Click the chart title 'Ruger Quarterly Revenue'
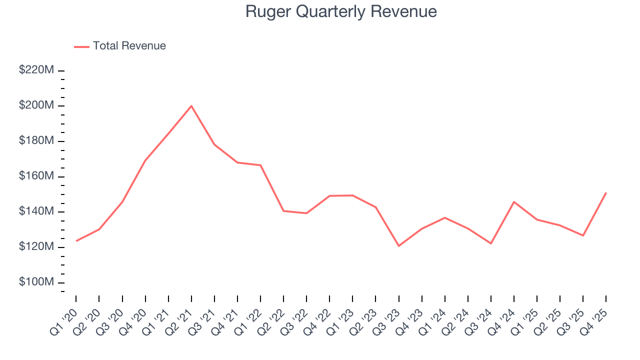point(341,11)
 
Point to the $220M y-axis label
point(36,70)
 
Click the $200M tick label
point(36,106)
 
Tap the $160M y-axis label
point(36,176)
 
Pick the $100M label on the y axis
point(36,282)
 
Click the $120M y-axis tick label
point(36,247)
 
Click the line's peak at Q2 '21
point(191,106)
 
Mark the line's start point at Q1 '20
point(76,241)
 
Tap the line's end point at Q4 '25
point(606,192)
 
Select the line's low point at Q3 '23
point(398,246)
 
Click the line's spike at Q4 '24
point(514,201)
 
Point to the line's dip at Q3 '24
point(491,243)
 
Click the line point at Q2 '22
point(283,211)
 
